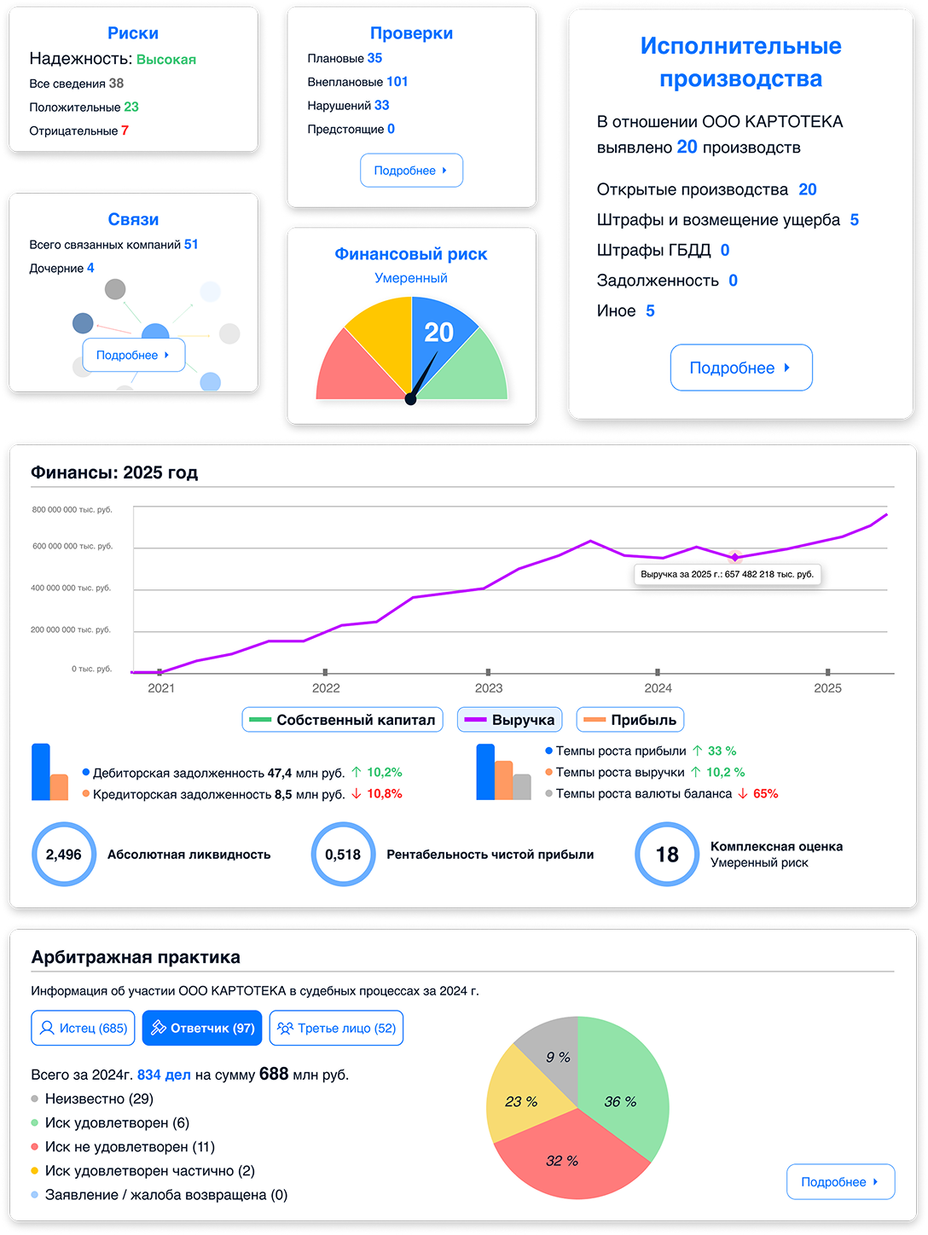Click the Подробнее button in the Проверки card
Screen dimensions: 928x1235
click(411, 170)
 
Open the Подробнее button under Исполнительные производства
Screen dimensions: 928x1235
click(740, 368)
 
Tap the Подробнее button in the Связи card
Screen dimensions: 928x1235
click(133, 355)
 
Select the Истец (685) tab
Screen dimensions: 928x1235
click(83, 1028)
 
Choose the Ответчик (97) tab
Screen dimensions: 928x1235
click(202, 1028)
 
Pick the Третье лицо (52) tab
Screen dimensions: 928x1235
click(336, 1028)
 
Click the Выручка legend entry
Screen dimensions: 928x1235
click(509, 720)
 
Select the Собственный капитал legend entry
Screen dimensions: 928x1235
click(343, 720)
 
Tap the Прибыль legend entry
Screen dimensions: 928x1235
click(630, 720)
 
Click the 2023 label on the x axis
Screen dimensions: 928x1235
click(489, 688)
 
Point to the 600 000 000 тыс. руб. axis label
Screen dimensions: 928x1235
click(72, 546)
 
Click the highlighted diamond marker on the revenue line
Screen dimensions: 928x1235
click(734, 557)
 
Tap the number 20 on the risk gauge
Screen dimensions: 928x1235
click(438, 333)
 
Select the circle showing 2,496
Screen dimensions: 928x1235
click(64, 854)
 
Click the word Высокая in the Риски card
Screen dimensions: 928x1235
click(166, 60)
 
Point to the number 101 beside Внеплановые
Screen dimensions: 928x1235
click(397, 82)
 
